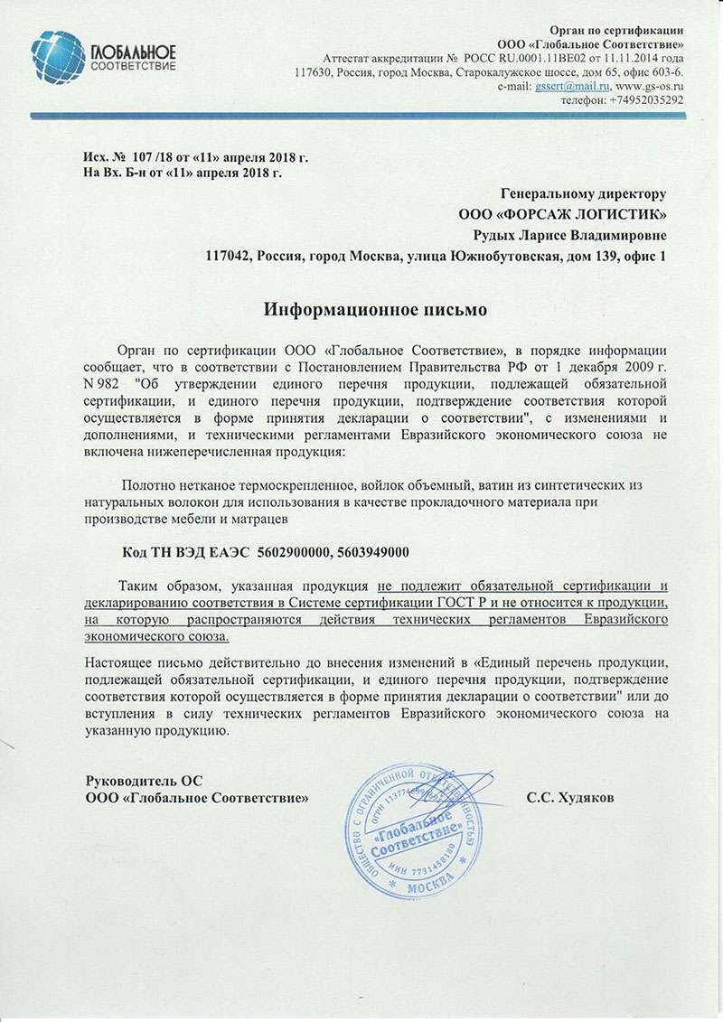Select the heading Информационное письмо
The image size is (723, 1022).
(375, 310)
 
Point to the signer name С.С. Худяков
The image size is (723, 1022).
(569, 799)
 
